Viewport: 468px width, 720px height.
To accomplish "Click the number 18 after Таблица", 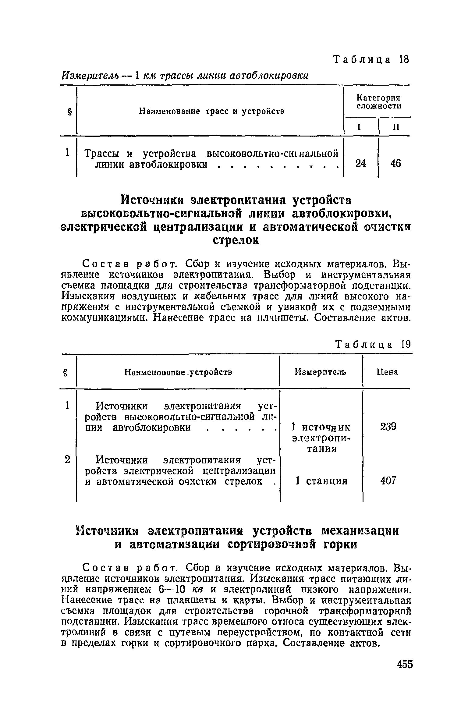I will coord(404,59).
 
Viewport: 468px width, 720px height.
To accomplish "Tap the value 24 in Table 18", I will coord(361,164).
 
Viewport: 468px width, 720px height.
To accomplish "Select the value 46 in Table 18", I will coord(395,164).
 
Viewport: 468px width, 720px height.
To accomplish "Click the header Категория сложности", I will coord(378,102).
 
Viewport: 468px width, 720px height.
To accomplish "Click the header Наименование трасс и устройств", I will coord(211,111).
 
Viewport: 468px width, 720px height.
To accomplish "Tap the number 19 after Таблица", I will coord(406,345).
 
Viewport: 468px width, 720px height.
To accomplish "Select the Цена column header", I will coord(387,372).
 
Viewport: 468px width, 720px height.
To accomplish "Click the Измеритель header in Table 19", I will coord(321,372).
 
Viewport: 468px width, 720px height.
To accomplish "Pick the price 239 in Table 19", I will coord(388,427).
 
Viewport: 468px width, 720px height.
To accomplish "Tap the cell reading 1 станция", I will coord(322,481).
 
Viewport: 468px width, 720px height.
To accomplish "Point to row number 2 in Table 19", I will coord(68,459).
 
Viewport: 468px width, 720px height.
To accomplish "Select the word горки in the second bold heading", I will coord(339,544).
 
